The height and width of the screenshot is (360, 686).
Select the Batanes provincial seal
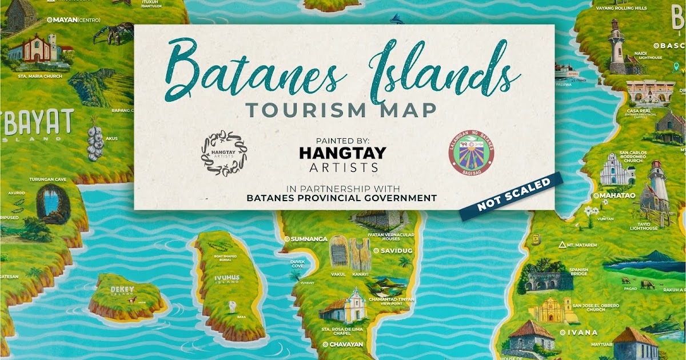point(471,151)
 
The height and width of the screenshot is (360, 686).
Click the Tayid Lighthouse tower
point(657,186)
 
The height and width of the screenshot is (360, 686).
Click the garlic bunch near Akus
point(95,142)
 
